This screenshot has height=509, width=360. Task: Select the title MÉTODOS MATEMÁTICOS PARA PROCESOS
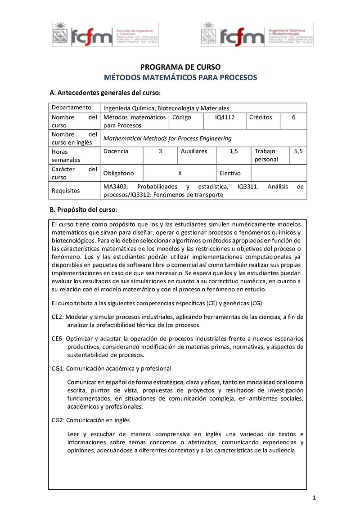(x=180, y=77)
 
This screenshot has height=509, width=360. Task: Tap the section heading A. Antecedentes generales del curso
(x=104, y=93)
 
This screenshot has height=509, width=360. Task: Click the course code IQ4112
(x=225, y=117)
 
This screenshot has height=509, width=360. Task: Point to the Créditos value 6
(x=293, y=117)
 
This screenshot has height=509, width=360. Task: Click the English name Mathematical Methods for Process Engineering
(x=167, y=138)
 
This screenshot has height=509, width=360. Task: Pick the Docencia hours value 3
(x=160, y=152)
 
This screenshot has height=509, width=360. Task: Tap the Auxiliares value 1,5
(x=234, y=152)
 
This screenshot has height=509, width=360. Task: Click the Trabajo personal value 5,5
(x=298, y=152)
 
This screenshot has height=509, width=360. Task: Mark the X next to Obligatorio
(x=180, y=173)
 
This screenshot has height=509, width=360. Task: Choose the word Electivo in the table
(x=230, y=173)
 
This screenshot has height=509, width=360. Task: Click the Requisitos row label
(x=66, y=191)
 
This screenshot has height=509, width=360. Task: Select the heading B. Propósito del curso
(x=83, y=210)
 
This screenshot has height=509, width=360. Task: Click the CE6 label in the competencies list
(x=58, y=338)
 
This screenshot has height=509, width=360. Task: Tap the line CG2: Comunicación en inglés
(x=90, y=420)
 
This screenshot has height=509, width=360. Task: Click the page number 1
(x=315, y=498)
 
